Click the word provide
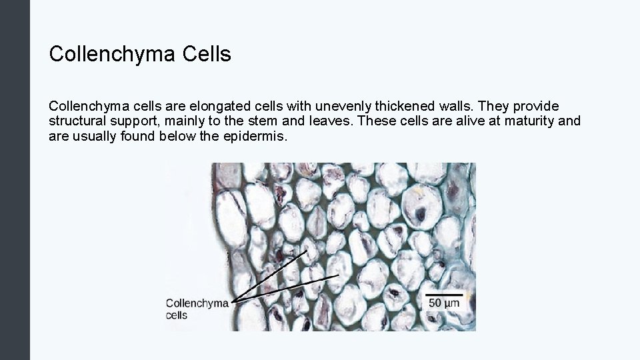(x=535, y=107)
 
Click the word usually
(x=94, y=136)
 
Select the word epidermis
(x=255, y=136)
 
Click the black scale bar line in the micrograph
(x=443, y=293)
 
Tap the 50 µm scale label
(x=443, y=303)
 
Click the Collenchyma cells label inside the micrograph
(x=197, y=309)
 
